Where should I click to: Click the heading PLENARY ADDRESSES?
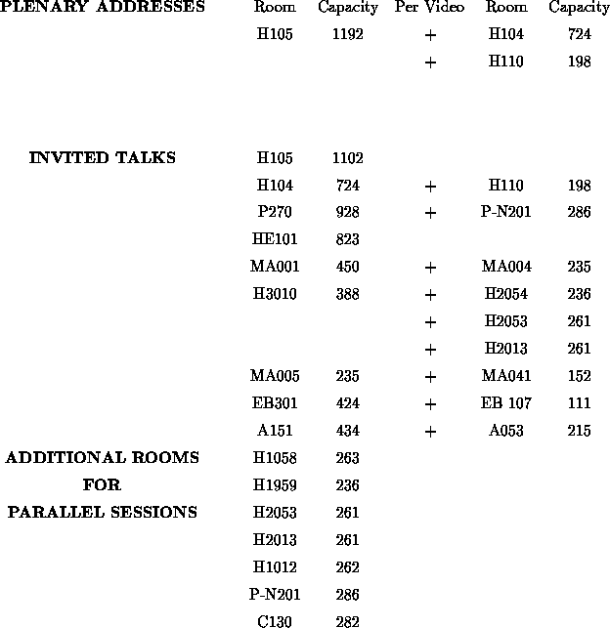coord(103,8)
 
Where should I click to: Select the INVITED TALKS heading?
coord(103,158)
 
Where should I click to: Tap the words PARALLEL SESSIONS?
coord(103,513)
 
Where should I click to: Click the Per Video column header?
coord(430,8)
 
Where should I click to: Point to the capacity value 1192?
coord(347,35)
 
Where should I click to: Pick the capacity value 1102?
coord(347,158)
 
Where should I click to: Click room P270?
coord(275,212)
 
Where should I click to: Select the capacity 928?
coord(347,212)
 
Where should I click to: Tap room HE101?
coord(275,239)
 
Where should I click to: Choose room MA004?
coord(506,267)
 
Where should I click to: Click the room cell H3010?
coord(275,294)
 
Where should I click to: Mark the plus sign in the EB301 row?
coord(430,403)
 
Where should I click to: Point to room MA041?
coord(506,376)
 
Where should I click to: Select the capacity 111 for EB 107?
coord(579,403)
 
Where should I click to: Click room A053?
coord(506,431)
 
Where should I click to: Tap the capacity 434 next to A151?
coord(347,431)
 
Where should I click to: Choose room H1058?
coord(275,458)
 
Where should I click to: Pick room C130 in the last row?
coord(275,621)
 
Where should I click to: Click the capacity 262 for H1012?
coord(347,567)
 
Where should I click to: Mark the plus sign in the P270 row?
coord(430,212)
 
